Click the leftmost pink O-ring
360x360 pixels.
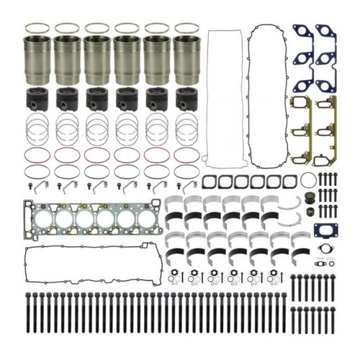(37, 154)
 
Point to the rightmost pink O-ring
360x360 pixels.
(186, 154)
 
